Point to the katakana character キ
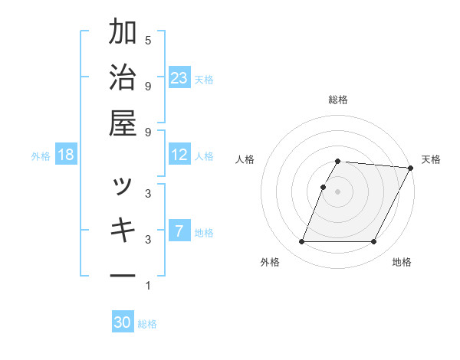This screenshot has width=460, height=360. [x=123, y=229]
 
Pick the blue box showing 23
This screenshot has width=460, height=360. [x=179, y=78]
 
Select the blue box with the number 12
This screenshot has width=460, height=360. [x=179, y=155]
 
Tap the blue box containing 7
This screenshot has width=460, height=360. [x=179, y=231]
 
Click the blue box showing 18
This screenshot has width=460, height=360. [x=66, y=155]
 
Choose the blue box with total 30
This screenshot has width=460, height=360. [x=123, y=322]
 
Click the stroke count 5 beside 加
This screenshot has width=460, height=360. [x=148, y=40]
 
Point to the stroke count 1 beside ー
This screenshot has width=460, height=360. [x=148, y=286]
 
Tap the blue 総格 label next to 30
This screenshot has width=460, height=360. [x=147, y=324]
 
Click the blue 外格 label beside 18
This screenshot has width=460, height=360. [x=41, y=156]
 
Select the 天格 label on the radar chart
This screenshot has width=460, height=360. [x=431, y=159]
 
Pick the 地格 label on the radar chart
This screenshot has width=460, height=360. [x=402, y=263]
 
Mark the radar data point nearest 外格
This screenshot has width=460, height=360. [x=301, y=242]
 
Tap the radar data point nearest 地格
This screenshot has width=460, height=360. [x=374, y=242]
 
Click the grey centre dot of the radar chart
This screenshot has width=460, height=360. [x=337, y=191]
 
